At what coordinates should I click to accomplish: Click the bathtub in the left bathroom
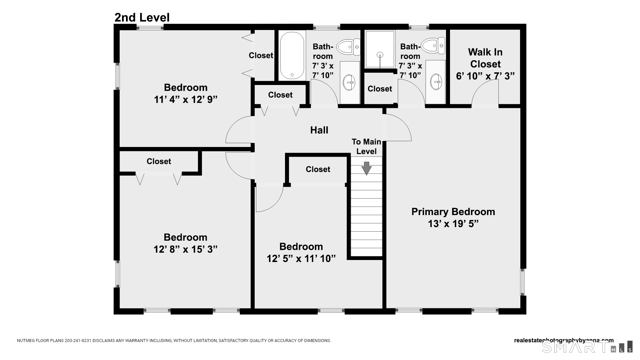pos(292,56)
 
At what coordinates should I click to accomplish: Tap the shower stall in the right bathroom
pos(380,49)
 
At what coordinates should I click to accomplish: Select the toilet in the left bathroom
pos(348,47)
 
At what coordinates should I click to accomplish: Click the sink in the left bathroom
pos(350,82)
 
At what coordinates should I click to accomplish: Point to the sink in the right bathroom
pos(436,82)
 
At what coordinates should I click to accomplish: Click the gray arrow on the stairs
pos(367,168)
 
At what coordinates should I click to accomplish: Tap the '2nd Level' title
pos(142,17)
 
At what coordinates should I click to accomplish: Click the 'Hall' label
pos(319,130)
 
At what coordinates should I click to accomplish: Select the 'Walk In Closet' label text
pos(485,58)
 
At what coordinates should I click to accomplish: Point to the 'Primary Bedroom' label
pos(453,212)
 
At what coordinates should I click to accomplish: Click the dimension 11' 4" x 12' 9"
pos(186,99)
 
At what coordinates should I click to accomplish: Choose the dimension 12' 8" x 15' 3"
pos(186,249)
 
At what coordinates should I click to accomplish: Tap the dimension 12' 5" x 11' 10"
pos(301,258)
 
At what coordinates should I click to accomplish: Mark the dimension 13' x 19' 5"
pos(453,223)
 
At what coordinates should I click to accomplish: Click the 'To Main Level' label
pos(366,147)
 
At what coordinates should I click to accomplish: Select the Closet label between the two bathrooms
pos(380,89)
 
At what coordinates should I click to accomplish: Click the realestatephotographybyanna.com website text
pos(564,340)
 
